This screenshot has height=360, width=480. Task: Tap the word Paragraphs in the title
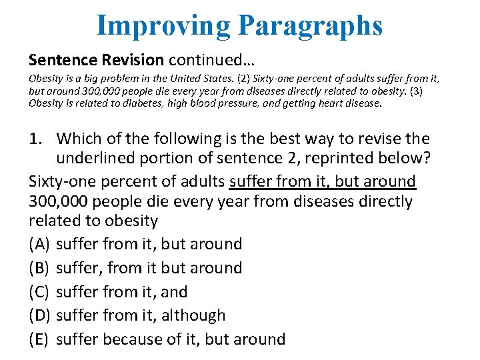tap(311, 26)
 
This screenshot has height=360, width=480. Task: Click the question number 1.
tap(39, 139)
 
